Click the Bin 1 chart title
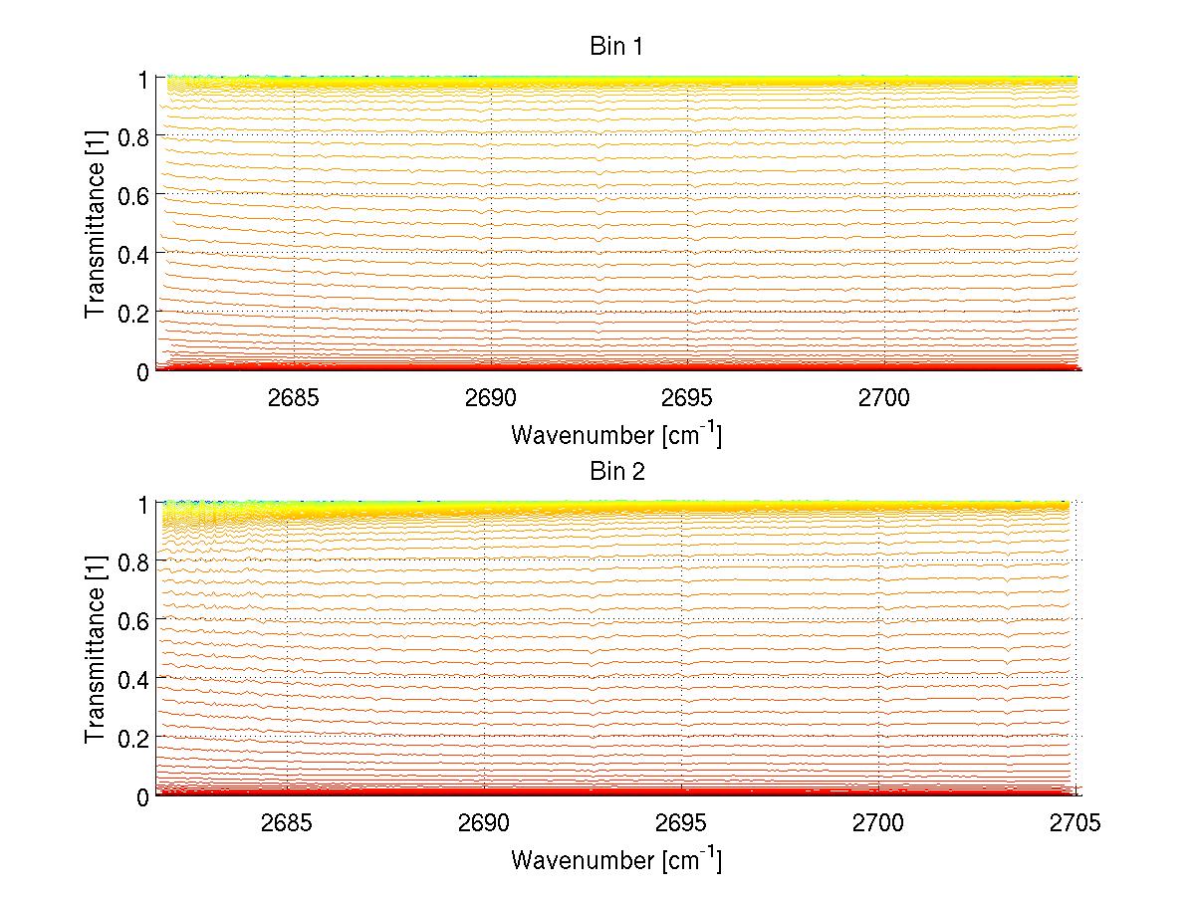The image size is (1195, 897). [x=616, y=47]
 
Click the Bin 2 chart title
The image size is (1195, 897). [x=616, y=471]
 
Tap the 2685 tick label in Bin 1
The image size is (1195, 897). [x=294, y=397]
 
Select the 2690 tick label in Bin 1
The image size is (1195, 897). [x=491, y=397]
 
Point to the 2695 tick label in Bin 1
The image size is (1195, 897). [x=687, y=397]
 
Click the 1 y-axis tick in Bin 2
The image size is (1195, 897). [x=143, y=504]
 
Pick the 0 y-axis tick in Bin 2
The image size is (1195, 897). [x=143, y=796]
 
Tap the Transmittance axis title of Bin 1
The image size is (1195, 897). [x=96, y=224]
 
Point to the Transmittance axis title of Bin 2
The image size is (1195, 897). [x=96, y=649]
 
